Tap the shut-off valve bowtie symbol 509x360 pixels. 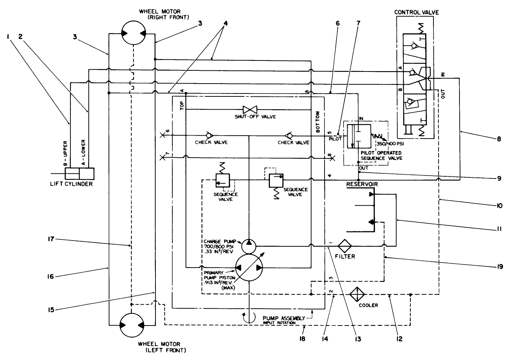click(250, 109)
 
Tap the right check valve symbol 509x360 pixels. click(289, 135)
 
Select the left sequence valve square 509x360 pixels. click(222, 180)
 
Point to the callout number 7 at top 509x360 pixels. click(358, 23)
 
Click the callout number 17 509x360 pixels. click(50, 239)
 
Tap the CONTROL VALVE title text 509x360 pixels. click(416, 12)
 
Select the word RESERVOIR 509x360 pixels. click(362, 184)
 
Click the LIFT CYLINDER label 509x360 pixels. click(71, 184)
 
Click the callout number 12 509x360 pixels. click(399, 339)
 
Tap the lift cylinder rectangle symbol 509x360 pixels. click(79, 173)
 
